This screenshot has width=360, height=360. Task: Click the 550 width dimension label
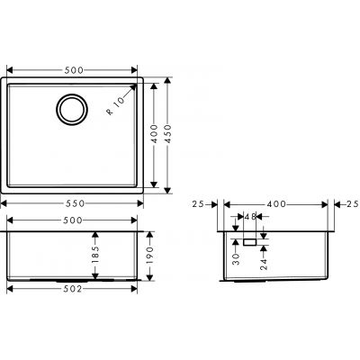pyautogui.click(x=73, y=205)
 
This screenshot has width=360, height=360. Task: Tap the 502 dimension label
pyautogui.click(x=73, y=288)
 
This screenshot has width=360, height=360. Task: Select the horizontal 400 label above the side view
pyautogui.click(x=276, y=205)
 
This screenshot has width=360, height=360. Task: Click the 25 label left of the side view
pyautogui.click(x=199, y=205)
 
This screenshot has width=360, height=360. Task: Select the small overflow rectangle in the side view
pyautogui.click(x=249, y=242)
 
